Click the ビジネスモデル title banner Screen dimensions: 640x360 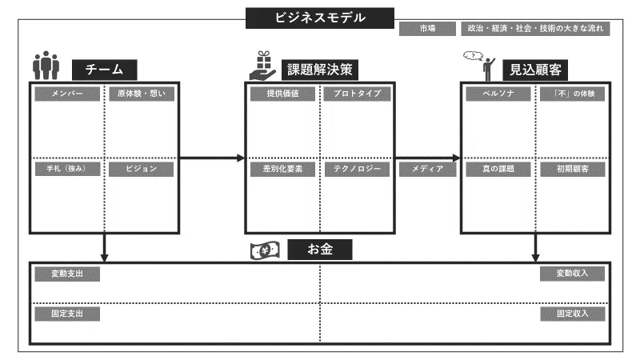click(319, 18)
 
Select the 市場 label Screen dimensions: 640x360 click(427, 29)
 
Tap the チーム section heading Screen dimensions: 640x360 click(105, 70)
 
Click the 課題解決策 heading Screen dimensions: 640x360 click(320, 70)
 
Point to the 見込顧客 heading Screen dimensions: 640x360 click(535, 70)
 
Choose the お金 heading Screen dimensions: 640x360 click(320, 250)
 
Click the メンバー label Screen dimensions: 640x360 click(67, 94)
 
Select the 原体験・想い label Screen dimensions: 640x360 click(142, 94)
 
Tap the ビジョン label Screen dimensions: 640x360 click(142, 169)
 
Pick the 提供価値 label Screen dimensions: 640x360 click(283, 94)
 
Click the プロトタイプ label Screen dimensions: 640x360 click(357, 94)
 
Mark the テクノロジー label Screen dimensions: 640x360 click(357, 169)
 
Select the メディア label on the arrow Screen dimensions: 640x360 click(427, 169)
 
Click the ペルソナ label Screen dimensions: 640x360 click(498, 94)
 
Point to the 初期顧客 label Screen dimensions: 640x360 click(573, 169)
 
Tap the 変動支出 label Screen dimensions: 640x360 click(67, 274)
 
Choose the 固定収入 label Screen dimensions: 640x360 click(573, 314)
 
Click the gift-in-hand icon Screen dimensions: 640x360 click(263, 66)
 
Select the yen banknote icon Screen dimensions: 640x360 click(266, 250)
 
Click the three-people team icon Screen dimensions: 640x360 click(46, 66)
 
